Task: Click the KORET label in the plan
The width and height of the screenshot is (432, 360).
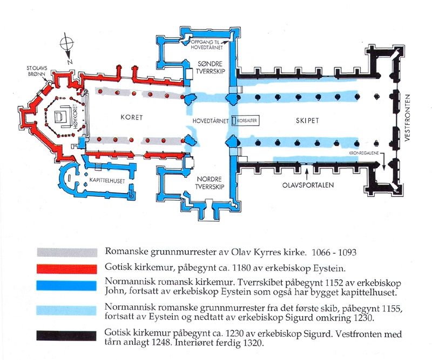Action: [x=131, y=117]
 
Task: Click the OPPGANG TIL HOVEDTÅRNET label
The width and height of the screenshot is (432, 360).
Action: [x=211, y=44]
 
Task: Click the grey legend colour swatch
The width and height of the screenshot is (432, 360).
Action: [x=62, y=252]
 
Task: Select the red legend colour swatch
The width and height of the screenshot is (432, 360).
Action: [x=62, y=269]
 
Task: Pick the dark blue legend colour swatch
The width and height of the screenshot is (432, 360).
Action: [x=62, y=285]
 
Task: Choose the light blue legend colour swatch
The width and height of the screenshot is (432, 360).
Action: [x=62, y=310]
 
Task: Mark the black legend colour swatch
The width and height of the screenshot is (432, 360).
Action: [x=62, y=335]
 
